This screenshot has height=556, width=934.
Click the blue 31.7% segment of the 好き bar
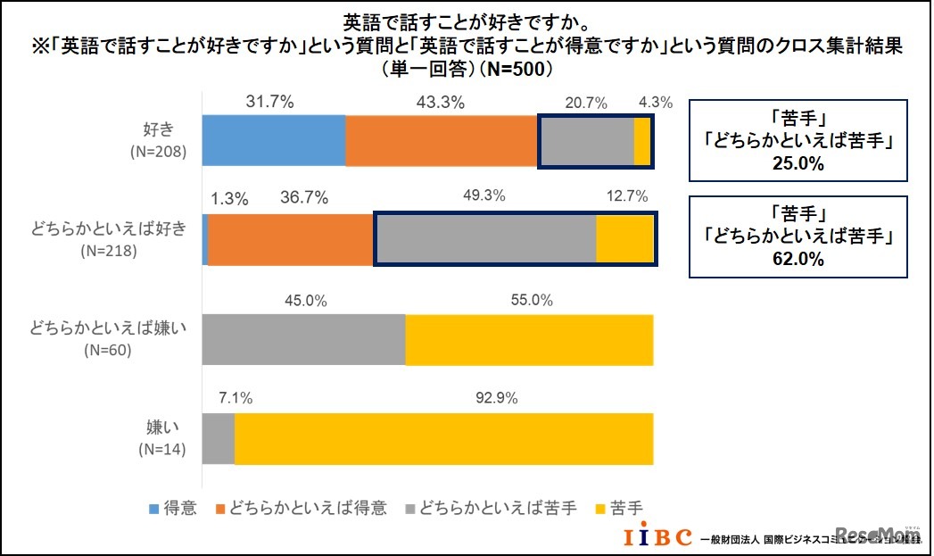274,140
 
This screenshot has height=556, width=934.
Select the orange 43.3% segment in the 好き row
442,140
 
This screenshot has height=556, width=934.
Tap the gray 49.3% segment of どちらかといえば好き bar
484,239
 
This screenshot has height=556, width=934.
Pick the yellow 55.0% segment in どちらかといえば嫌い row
529,339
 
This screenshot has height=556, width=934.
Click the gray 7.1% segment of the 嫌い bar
219,438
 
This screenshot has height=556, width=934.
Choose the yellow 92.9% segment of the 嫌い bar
443,438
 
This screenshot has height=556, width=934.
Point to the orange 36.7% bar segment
290,239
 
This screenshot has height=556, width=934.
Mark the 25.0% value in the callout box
798,164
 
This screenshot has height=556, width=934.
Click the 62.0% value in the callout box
798,260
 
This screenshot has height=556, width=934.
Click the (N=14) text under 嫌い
161,449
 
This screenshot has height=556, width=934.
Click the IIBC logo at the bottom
657,537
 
